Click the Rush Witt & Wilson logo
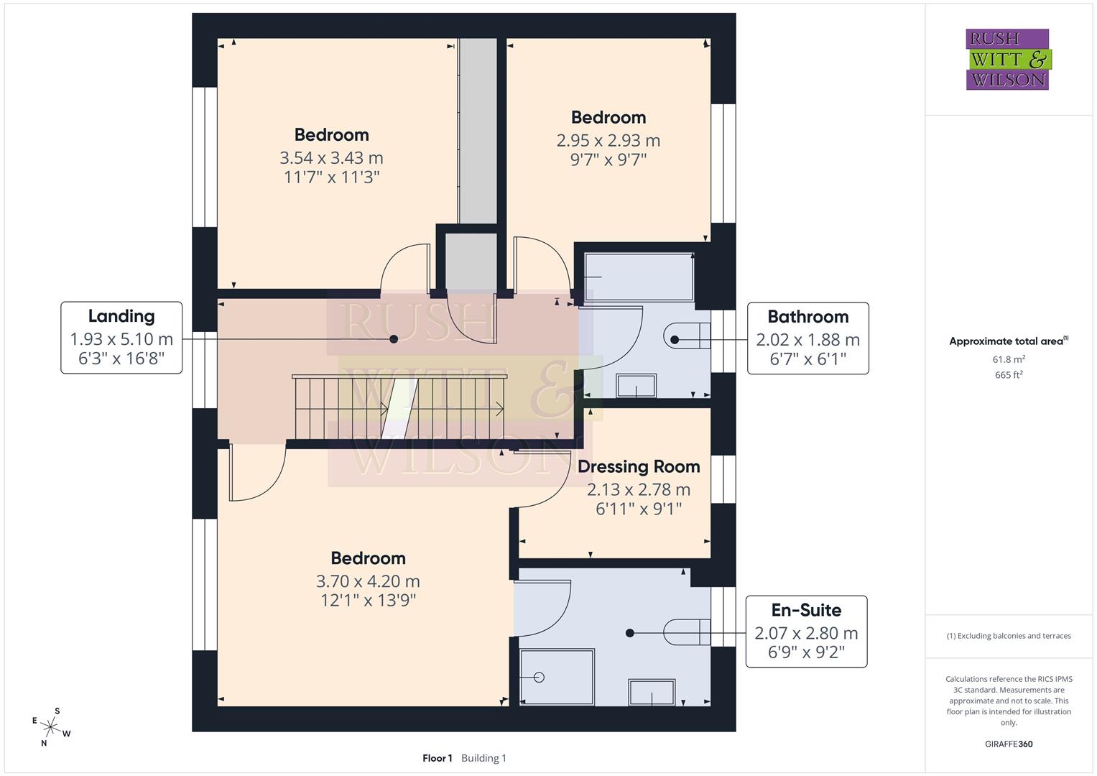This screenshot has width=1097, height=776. pyautogui.click(x=1007, y=59)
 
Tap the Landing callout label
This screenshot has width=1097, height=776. pyautogui.click(x=121, y=338)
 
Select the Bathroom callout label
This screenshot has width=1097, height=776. pyautogui.click(x=807, y=338)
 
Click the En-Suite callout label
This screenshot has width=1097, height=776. pyautogui.click(x=806, y=632)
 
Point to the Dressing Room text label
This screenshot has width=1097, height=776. pyautogui.click(x=639, y=466)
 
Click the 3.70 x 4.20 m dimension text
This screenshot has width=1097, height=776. pyautogui.click(x=368, y=581)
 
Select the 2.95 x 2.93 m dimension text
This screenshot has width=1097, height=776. pyautogui.click(x=608, y=140)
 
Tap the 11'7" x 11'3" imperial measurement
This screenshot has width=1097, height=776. pyautogui.click(x=331, y=177)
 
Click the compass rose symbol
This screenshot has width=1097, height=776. pyautogui.click(x=51, y=726)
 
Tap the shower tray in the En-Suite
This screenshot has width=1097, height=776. pyautogui.click(x=557, y=677)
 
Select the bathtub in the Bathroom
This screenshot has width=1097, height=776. pyautogui.click(x=638, y=277)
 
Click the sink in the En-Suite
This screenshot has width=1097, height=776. pyautogui.click(x=652, y=693)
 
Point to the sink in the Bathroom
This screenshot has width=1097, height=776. pyautogui.click(x=636, y=386)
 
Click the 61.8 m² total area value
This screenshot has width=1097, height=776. pyautogui.click(x=1009, y=359)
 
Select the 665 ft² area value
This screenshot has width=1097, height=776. pyautogui.click(x=1009, y=374)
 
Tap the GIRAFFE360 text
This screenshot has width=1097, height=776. pyautogui.click(x=1009, y=744)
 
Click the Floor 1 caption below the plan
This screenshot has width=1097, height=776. pyautogui.click(x=438, y=758)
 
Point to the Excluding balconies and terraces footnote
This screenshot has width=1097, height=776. pyautogui.click(x=1009, y=636)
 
